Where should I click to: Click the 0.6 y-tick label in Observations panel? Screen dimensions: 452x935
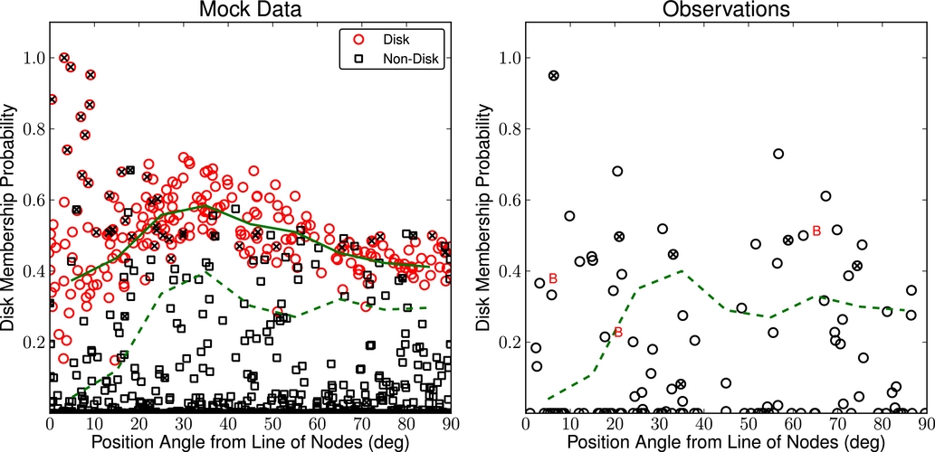[x=507, y=201]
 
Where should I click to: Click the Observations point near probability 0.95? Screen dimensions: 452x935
[x=554, y=75]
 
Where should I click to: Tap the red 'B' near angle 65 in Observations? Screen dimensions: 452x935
[x=816, y=231]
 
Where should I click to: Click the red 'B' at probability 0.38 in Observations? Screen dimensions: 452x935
[x=552, y=278]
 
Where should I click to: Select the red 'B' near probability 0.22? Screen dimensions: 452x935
[x=618, y=333]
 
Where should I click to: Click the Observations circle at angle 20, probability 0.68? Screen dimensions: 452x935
[x=617, y=171]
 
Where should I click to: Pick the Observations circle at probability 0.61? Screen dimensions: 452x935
[x=825, y=196]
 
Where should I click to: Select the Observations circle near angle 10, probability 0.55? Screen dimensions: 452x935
[x=569, y=216]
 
